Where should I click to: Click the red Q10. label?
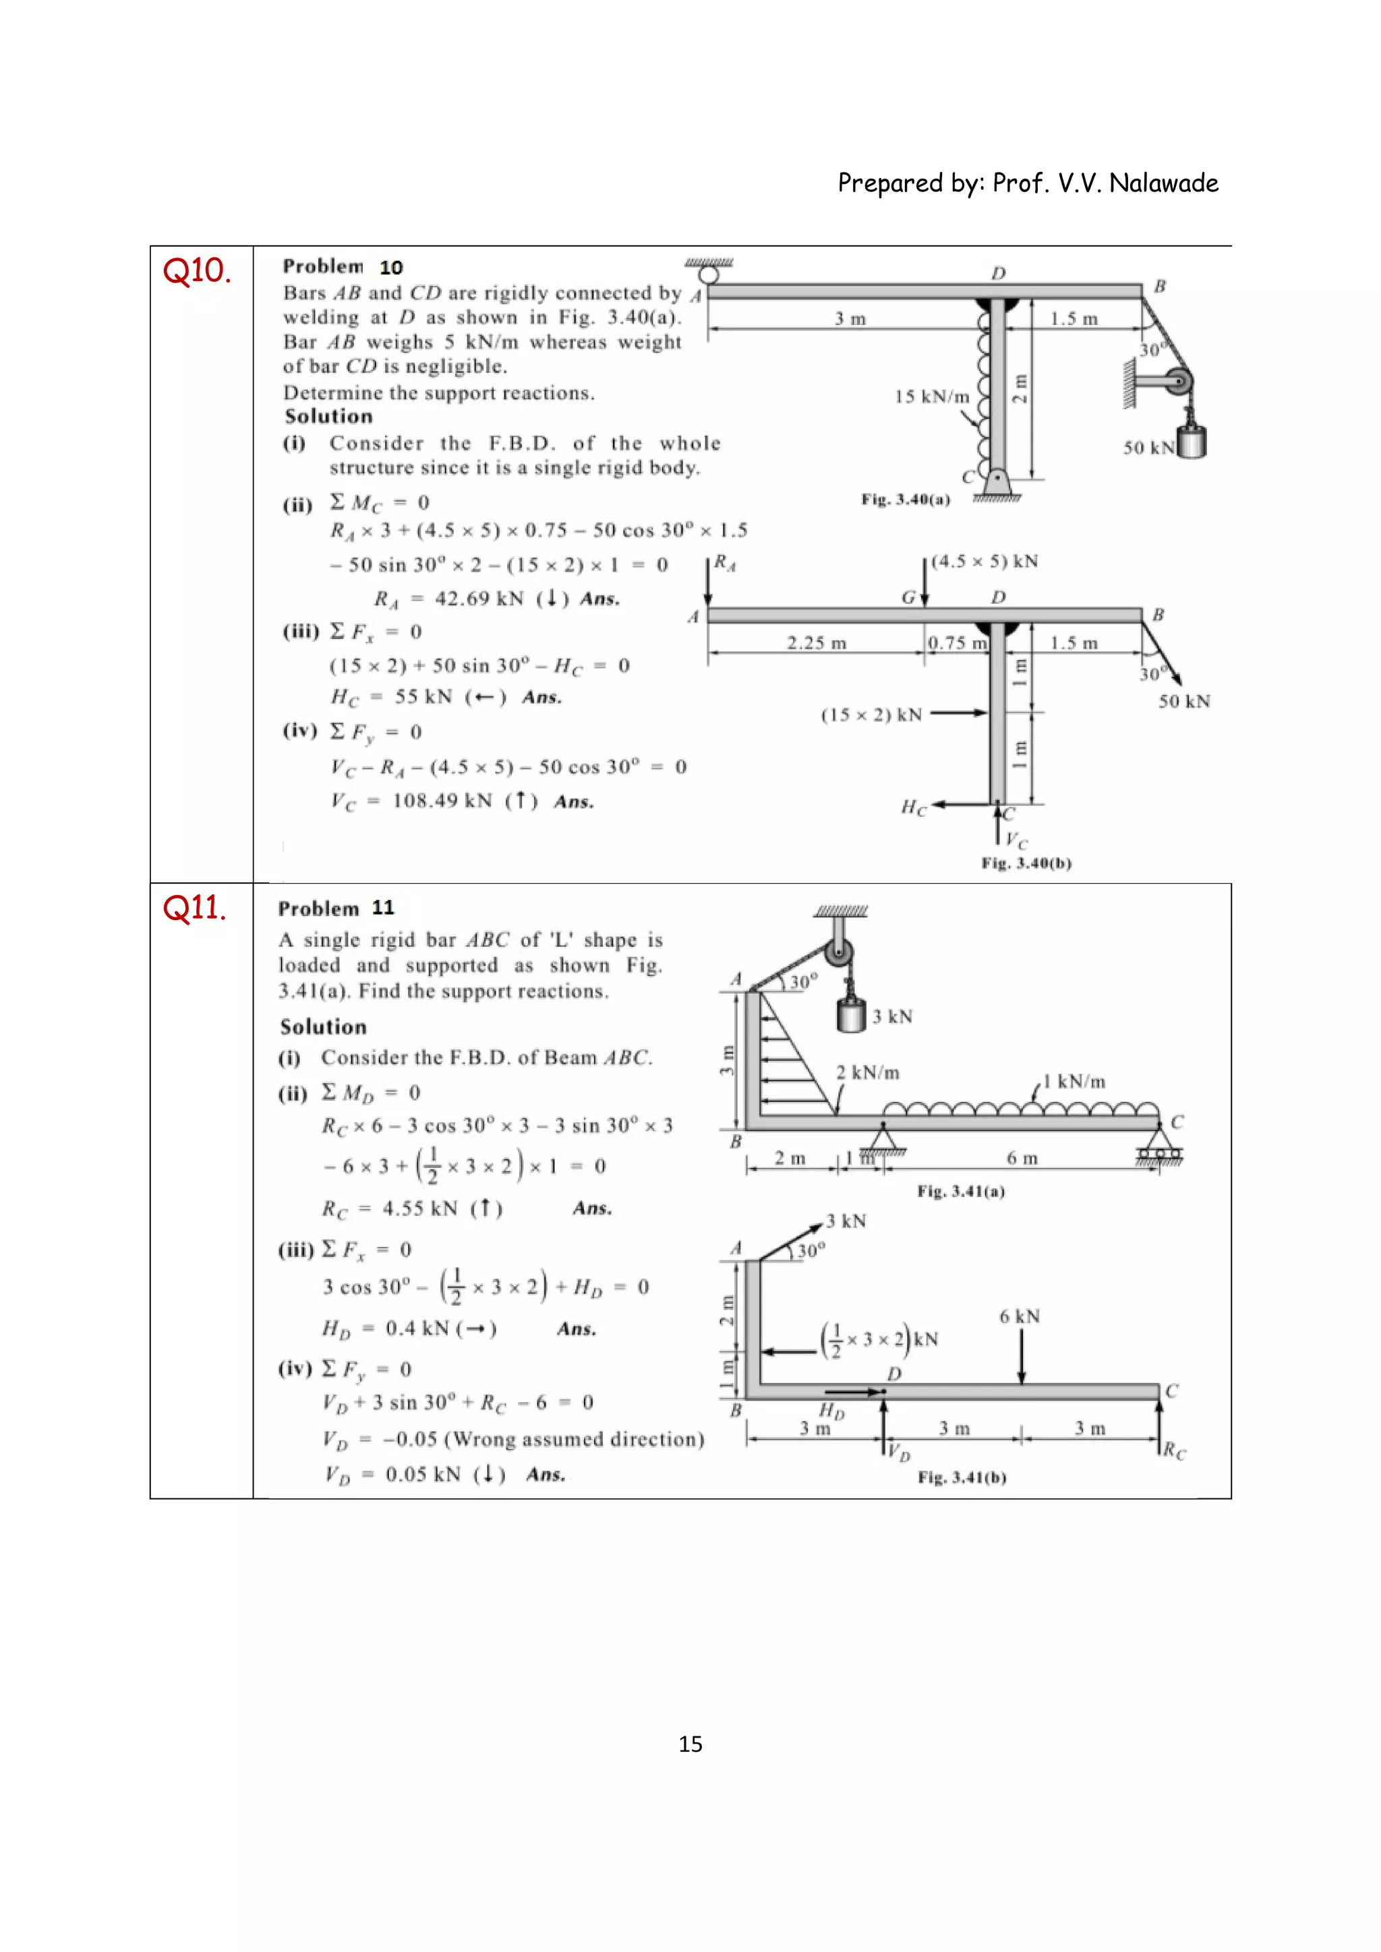click(196, 271)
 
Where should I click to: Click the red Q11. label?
click(195, 908)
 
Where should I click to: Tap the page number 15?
click(690, 1744)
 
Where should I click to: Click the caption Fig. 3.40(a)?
click(905, 499)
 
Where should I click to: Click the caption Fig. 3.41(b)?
click(962, 1477)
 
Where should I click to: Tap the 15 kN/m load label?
click(931, 397)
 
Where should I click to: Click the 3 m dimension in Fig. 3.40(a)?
click(850, 319)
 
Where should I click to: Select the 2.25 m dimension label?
click(817, 644)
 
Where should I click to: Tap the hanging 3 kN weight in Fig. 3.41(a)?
click(850, 1015)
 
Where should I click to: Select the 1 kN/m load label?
click(1075, 1081)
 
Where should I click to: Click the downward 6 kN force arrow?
click(1022, 1356)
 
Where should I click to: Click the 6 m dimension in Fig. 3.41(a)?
click(1022, 1159)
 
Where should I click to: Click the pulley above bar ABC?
click(838, 953)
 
